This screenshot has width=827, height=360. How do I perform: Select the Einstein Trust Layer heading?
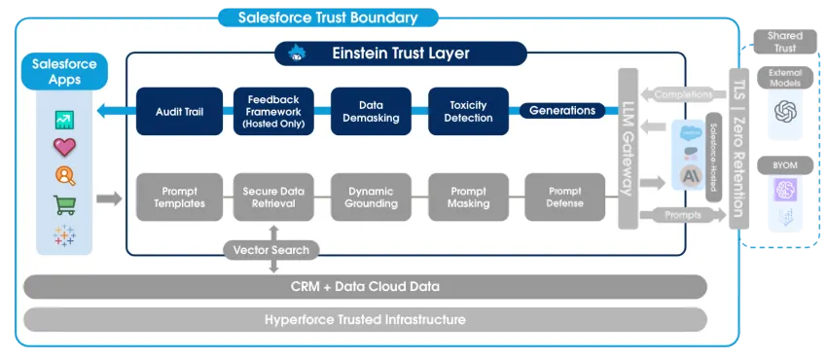(401, 54)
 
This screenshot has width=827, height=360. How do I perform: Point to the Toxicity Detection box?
(467, 111)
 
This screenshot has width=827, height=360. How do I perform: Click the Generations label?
(561, 111)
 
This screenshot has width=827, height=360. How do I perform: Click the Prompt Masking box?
(467, 198)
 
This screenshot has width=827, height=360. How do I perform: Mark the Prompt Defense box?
(564, 198)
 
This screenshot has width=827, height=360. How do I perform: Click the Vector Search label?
(271, 250)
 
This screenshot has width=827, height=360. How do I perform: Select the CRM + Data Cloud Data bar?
(365, 286)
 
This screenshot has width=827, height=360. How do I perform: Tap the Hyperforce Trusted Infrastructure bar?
(365, 319)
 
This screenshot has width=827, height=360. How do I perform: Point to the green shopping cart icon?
(65, 205)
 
